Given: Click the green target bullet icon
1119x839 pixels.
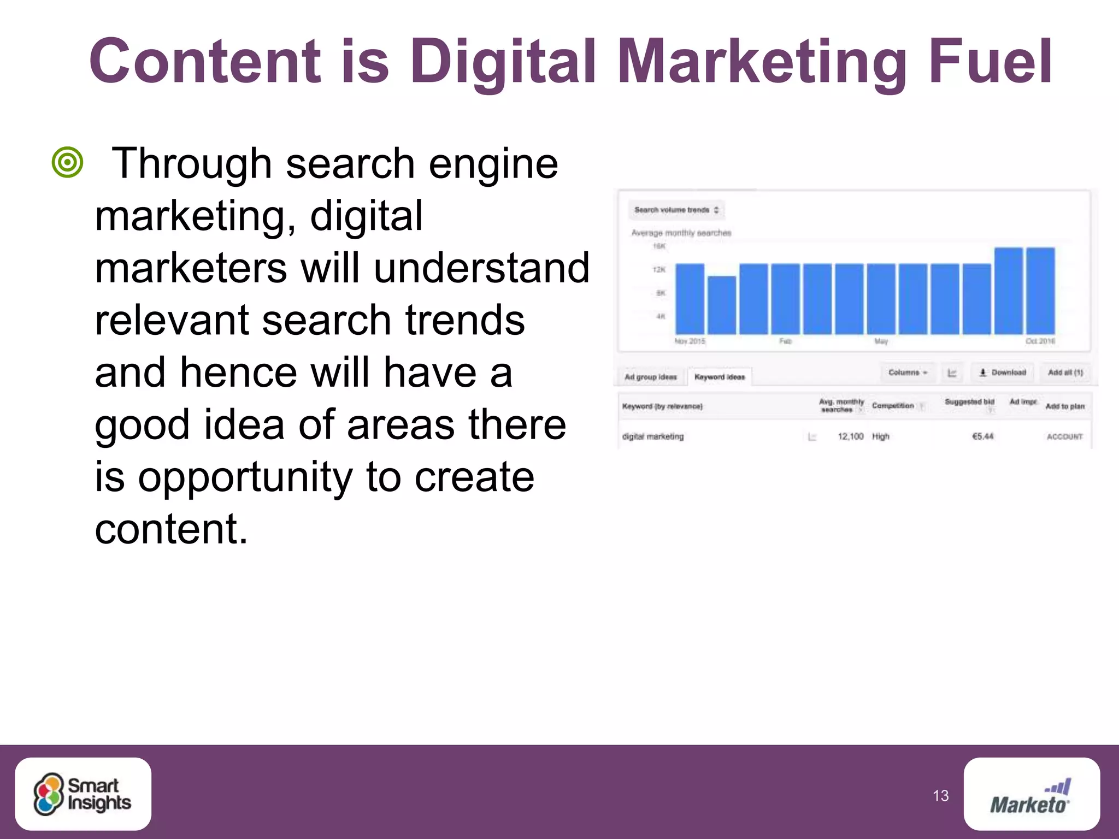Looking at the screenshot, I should point(67,162).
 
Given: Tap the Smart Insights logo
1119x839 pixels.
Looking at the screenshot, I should point(83,794).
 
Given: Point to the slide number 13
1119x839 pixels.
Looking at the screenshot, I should point(940,796).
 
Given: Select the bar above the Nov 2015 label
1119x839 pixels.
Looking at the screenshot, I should point(690,299).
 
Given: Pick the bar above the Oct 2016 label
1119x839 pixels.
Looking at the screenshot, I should point(1040,291).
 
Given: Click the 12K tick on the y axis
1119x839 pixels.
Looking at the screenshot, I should point(659,270).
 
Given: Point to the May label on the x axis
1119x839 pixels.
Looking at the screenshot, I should point(881,341).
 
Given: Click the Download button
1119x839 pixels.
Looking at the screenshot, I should point(1003,373).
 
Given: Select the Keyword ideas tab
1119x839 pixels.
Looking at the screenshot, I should point(720,377).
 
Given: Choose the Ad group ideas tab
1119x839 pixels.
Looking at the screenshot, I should point(650,377).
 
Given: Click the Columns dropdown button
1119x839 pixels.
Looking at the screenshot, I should point(908,373).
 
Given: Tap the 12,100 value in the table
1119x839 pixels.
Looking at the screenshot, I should point(850,436).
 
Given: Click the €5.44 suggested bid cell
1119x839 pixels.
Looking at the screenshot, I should point(982,436).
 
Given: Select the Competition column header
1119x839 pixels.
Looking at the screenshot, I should point(893,406).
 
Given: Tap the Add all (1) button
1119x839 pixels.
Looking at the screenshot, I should point(1065,373).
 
